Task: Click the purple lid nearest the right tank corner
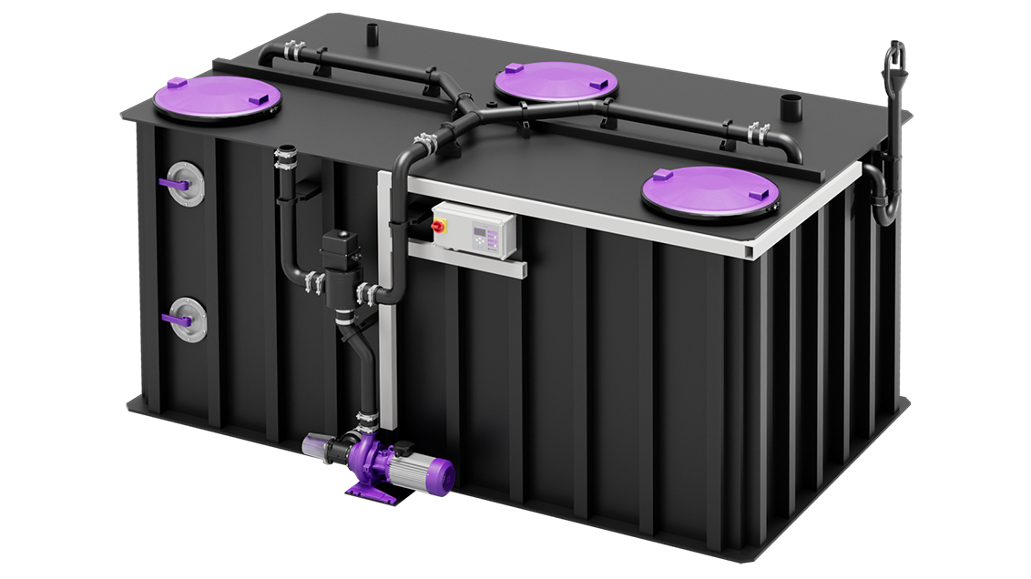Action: coord(710,190)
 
